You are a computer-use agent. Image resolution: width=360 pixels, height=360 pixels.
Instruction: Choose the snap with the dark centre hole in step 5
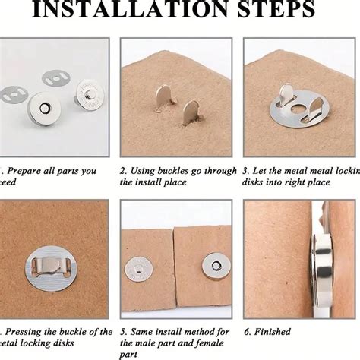pos(214,266)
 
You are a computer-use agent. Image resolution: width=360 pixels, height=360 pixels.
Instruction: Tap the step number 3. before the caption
pos(248,171)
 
